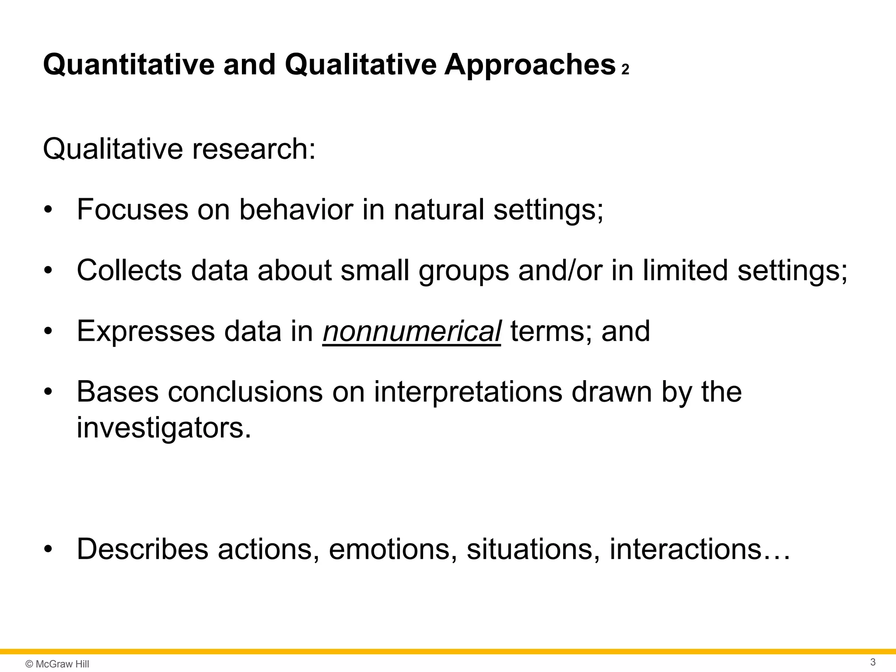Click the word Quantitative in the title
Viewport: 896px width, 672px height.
tap(129, 65)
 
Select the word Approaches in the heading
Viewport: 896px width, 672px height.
tap(530, 65)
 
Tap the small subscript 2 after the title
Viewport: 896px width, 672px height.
tap(625, 70)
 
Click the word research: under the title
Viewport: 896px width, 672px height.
tap(254, 149)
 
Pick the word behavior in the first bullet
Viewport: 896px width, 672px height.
tap(296, 210)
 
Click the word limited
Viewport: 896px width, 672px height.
tap(686, 270)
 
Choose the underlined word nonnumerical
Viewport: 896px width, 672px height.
tap(412, 331)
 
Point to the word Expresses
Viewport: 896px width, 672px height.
tap(146, 331)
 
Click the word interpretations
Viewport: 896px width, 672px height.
tap(468, 392)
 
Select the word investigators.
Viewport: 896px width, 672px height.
tap(164, 427)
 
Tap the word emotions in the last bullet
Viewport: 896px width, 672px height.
tap(389, 549)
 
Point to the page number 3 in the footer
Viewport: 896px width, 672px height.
tap(873, 662)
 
